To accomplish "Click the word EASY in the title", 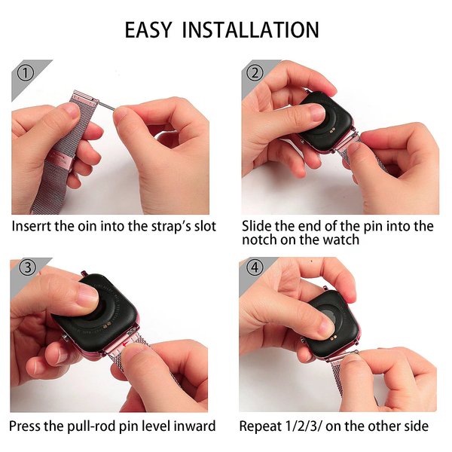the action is [148, 29].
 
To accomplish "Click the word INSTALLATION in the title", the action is [251, 29].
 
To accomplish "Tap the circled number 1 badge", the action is [26, 73].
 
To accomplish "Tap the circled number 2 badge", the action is [255, 72].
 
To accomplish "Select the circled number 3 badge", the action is [28, 267].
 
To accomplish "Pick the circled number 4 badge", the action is [255, 267].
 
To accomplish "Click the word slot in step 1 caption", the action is [205, 226].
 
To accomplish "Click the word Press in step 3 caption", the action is [25, 426].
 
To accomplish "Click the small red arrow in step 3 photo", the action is [125, 344].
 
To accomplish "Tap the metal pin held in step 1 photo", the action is [106, 105].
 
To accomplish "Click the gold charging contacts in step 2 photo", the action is [332, 130].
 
